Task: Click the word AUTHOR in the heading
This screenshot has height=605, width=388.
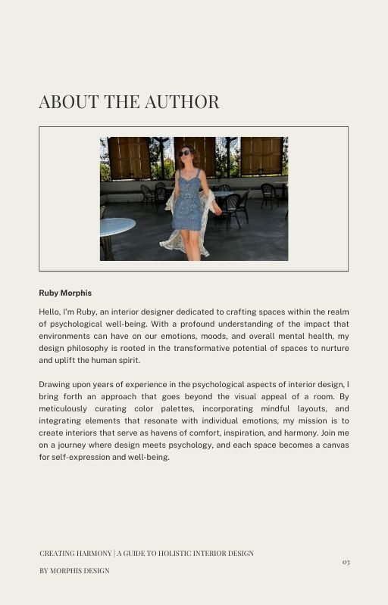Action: (182, 102)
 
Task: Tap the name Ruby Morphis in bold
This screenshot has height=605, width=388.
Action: (65, 293)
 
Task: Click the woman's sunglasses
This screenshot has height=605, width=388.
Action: (185, 154)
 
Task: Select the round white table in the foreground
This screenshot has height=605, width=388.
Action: (117, 226)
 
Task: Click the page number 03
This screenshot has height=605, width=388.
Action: (346, 562)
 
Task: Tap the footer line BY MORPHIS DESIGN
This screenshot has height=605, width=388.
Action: (74, 570)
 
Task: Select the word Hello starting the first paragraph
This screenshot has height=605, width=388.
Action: (50, 312)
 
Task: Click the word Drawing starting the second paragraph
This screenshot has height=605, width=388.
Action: (55, 384)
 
